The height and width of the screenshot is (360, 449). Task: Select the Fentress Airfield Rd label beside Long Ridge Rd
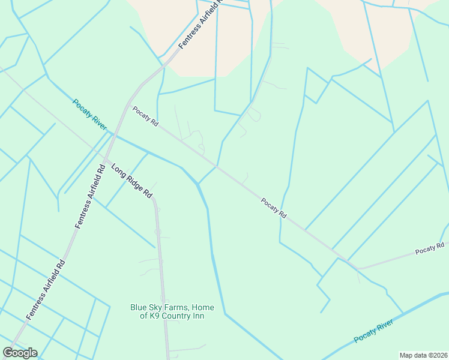click(x=90, y=196)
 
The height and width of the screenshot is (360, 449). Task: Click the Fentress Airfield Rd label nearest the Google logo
click(x=44, y=290)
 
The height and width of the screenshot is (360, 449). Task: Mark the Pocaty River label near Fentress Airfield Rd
click(x=89, y=114)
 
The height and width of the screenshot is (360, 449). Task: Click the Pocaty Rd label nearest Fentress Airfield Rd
click(x=145, y=116)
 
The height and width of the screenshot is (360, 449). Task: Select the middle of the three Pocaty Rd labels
click(x=274, y=208)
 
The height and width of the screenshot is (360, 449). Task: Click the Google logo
click(x=20, y=353)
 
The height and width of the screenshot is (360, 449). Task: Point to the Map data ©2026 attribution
click(x=423, y=355)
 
